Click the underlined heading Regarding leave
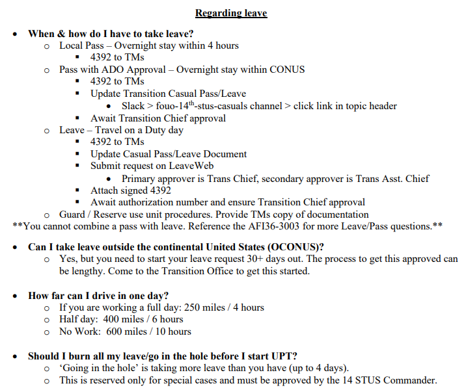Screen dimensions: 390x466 (231, 13)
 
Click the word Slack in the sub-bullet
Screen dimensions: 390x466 (134, 105)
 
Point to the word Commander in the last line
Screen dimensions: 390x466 (412, 380)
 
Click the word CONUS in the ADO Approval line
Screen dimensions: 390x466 (288, 70)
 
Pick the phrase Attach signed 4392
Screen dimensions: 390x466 (131, 190)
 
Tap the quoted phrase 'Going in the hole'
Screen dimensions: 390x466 (98, 368)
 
